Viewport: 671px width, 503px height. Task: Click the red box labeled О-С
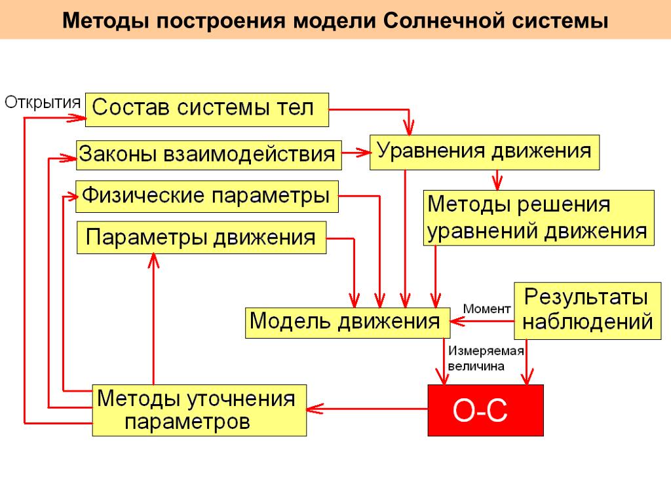point(486,410)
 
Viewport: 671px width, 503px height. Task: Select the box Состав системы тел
point(207,109)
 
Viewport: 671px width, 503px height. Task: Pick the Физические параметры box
point(207,196)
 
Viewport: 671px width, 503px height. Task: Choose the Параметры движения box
point(202,238)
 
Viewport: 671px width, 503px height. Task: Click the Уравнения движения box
point(484,153)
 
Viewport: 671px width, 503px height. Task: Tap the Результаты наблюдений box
point(587,310)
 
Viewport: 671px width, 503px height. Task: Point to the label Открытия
point(43,102)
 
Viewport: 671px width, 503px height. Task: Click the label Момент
point(486,308)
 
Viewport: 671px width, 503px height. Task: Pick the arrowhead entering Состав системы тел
point(78,118)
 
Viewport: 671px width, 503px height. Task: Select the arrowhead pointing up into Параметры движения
point(153,261)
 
